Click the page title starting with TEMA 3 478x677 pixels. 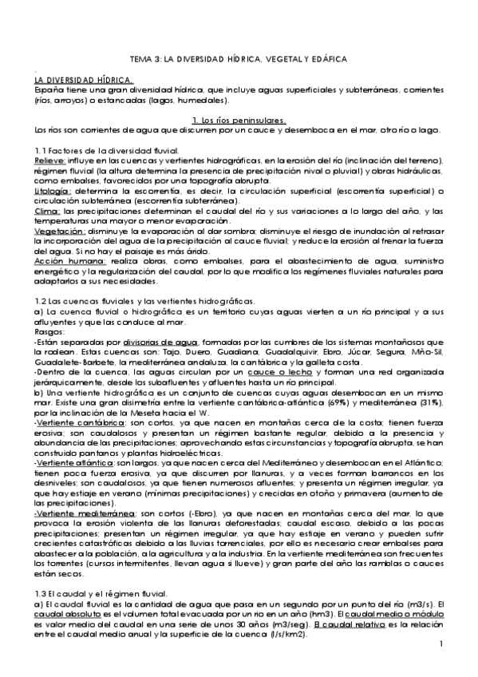pyautogui.click(x=239, y=59)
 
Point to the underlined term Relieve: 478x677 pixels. pyautogui.click(x=49, y=160)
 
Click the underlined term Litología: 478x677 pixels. pyautogui.click(x=53, y=192)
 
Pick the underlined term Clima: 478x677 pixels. pyautogui.click(x=46, y=211)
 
